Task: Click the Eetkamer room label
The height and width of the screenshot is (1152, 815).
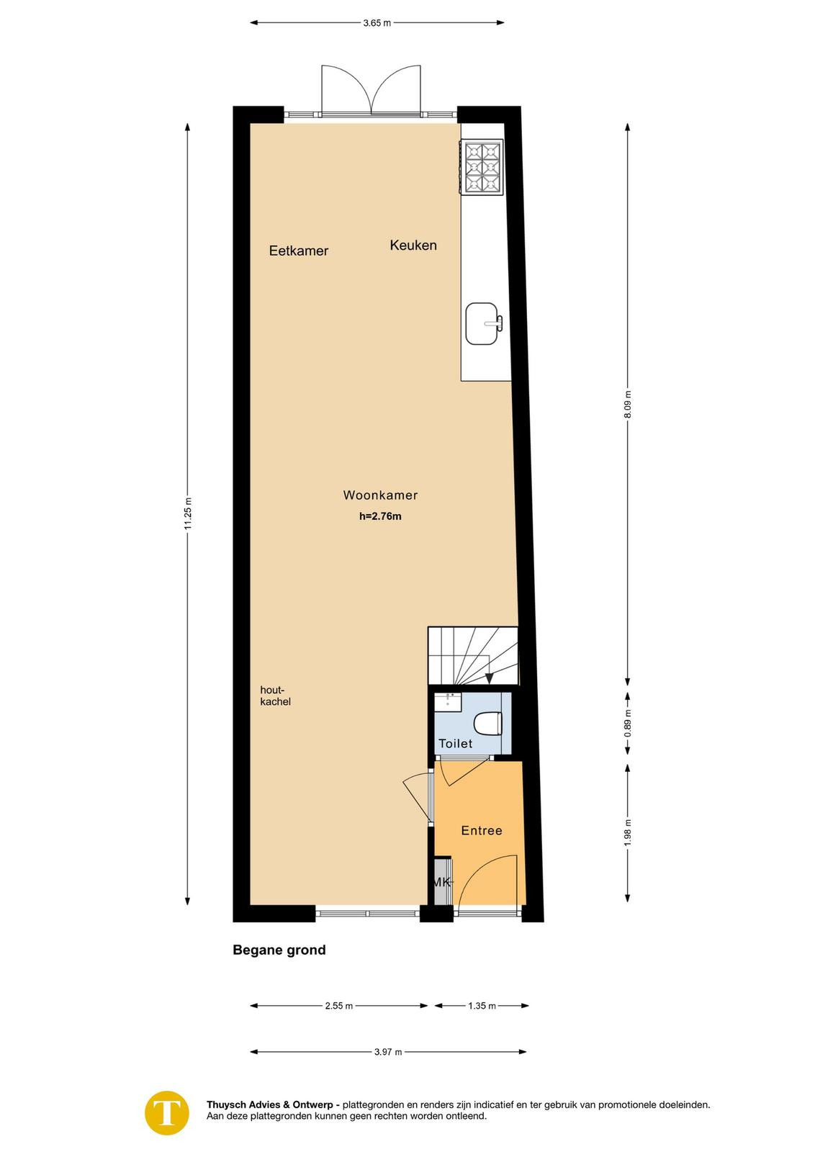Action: (x=299, y=251)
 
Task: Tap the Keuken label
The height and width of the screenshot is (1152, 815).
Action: (x=413, y=245)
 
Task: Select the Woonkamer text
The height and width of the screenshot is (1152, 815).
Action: (x=381, y=495)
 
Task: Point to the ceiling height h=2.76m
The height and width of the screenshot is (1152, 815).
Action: (x=381, y=516)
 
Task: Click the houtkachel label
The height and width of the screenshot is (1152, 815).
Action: (x=276, y=696)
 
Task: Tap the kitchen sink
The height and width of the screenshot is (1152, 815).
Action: (x=483, y=323)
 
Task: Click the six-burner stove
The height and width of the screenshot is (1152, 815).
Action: (x=482, y=167)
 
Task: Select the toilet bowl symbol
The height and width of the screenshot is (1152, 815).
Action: (x=487, y=724)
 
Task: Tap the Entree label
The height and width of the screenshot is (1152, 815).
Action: (x=481, y=831)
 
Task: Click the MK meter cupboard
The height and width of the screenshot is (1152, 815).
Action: (x=442, y=882)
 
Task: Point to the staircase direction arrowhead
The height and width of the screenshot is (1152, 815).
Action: (x=489, y=678)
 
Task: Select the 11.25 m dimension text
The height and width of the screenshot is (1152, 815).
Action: (x=188, y=513)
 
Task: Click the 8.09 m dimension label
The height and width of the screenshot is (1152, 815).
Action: (x=628, y=405)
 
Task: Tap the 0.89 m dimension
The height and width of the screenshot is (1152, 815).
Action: (x=628, y=723)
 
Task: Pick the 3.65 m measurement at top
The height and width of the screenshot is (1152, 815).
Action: (x=377, y=23)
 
